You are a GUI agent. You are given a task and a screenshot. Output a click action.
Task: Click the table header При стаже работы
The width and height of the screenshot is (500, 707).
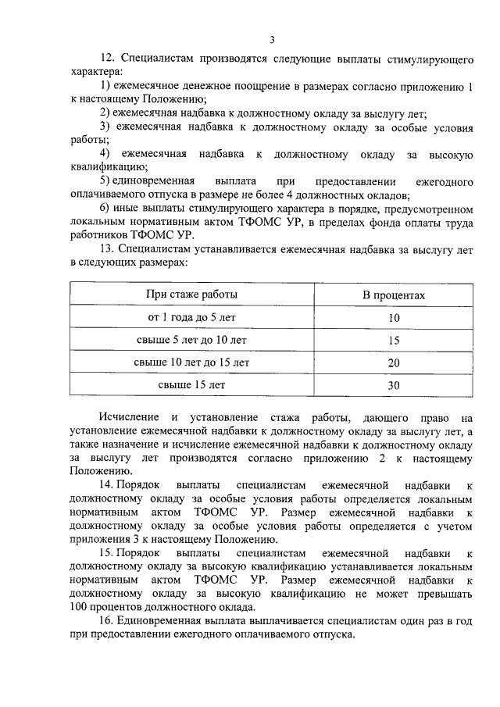[x=192, y=295]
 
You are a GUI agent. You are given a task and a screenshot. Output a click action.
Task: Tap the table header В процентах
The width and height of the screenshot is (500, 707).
[x=393, y=295]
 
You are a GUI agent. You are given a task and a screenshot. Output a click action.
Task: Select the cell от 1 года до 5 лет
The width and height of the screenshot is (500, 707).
[x=192, y=317]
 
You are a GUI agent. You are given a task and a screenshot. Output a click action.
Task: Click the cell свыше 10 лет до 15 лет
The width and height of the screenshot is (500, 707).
[x=192, y=362]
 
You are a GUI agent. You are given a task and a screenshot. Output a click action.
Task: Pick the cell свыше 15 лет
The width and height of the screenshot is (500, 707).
[x=192, y=384]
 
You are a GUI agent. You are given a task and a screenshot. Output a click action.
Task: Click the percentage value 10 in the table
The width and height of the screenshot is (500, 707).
[x=393, y=318]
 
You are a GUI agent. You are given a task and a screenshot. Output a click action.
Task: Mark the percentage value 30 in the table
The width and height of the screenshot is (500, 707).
[x=393, y=385]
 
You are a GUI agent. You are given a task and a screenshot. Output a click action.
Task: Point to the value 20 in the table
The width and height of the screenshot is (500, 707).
[x=393, y=363]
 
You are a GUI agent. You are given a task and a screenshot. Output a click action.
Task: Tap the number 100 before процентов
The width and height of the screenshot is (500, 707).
[x=79, y=608]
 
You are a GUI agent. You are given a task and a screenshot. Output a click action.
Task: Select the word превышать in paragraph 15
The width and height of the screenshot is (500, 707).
[x=445, y=595]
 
